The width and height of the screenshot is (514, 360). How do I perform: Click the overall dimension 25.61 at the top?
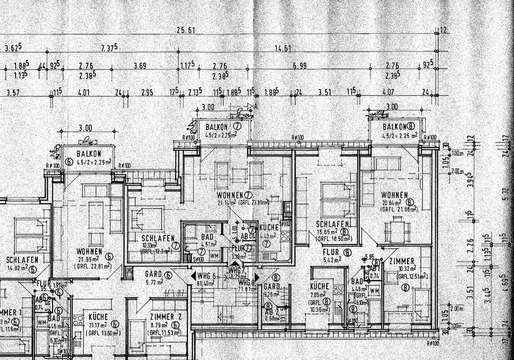186,30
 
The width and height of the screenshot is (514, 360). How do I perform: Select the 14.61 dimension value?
283,48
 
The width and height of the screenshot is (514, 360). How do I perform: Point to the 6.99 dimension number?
300,66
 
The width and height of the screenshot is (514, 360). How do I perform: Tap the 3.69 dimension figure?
139,66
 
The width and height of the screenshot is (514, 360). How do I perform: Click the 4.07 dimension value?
389,92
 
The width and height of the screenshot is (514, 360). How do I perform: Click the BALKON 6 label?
86,154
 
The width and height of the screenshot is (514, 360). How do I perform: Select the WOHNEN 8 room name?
395,195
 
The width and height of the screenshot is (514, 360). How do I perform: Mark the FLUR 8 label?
336,252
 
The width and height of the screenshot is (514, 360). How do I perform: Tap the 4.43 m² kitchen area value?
267,236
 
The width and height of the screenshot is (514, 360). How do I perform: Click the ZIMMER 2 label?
166,317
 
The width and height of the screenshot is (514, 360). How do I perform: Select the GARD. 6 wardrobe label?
157,274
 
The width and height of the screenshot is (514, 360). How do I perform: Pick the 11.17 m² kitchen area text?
98,324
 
